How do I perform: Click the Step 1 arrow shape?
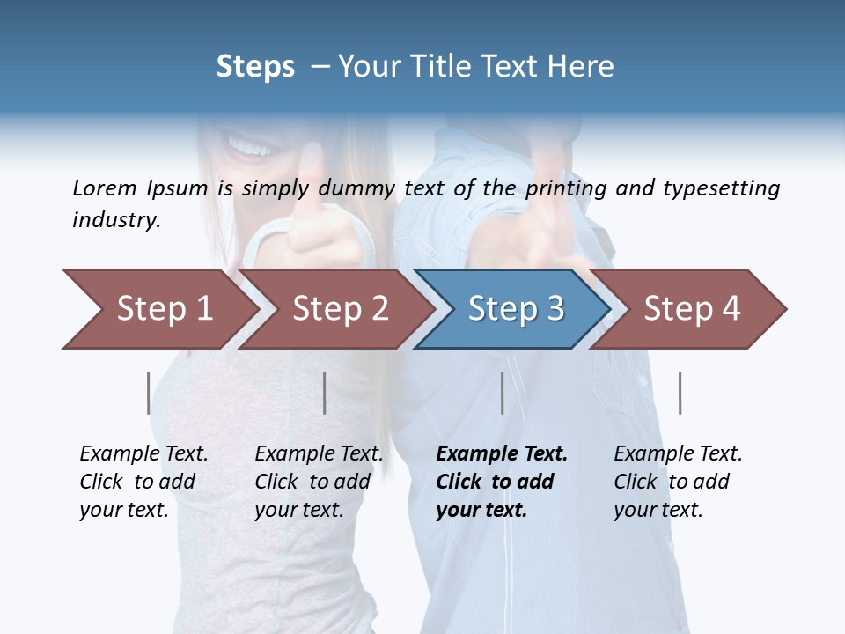click(163, 309)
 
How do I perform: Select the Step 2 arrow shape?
click(340, 309)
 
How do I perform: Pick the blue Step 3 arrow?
click(515, 309)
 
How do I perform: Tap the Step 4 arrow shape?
click(691, 309)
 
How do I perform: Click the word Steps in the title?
click(255, 67)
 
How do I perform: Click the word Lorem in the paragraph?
click(105, 188)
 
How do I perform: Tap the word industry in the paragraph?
click(115, 219)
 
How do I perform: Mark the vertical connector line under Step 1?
click(148, 393)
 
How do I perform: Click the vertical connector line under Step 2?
click(324, 393)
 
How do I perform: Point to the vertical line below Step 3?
click(502, 393)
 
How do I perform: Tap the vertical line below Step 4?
click(680, 393)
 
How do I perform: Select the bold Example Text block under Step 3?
click(501, 482)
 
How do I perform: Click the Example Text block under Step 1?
click(143, 482)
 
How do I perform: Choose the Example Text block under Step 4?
click(677, 482)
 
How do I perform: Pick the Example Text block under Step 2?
click(318, 482)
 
